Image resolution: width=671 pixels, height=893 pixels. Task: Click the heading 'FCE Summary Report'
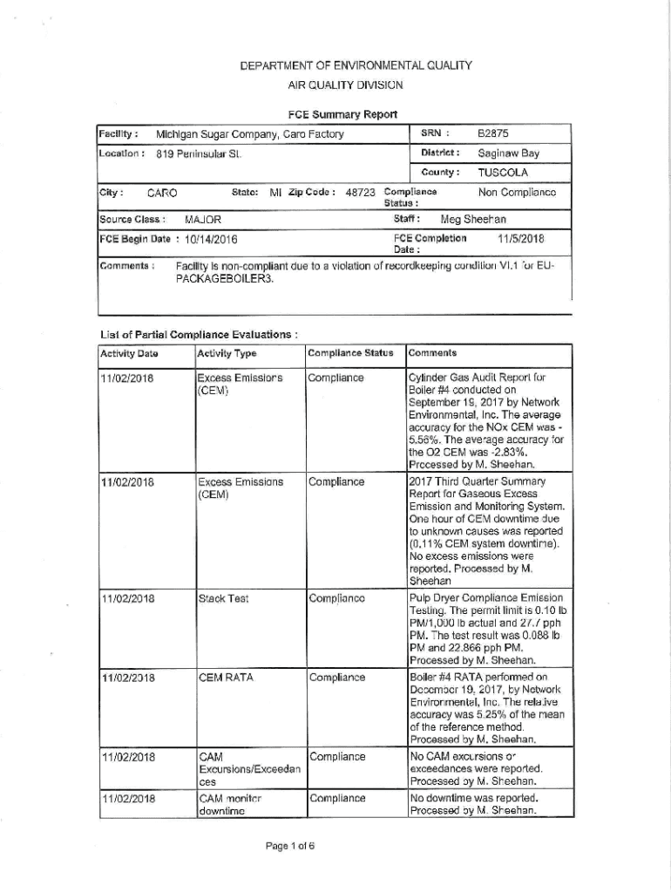342,114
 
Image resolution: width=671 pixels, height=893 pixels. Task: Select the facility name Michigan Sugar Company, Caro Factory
249,134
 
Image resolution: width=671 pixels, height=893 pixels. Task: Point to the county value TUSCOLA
503,172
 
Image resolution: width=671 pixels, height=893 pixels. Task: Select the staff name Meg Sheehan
473,219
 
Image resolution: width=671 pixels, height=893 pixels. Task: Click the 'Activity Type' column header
227,353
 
